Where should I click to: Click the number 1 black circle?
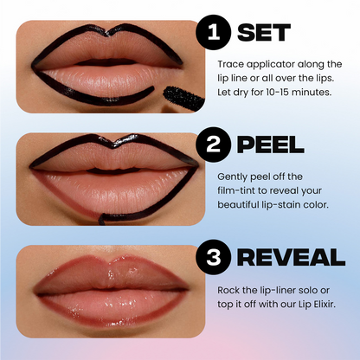click(213, 32)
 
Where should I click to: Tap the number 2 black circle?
click(213, 142)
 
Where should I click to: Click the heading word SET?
click(265, 32)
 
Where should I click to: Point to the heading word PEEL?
click(272, 142)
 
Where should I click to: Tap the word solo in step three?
click(305, 287)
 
